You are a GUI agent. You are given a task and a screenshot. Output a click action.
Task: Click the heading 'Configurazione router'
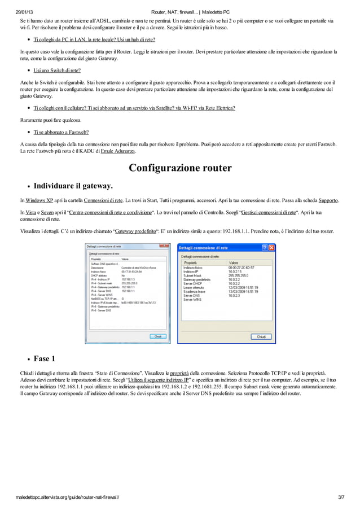click(180, 168)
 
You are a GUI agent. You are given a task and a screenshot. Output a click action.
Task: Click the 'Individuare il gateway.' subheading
click(73, 186)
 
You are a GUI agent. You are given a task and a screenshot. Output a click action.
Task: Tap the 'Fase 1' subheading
click(45, 358)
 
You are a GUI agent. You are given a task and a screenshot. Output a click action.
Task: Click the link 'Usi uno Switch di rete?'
click(57, 71)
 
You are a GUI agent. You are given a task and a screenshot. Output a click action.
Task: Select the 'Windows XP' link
click(39, 200)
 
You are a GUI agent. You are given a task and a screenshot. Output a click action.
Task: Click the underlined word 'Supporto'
click(328, 200)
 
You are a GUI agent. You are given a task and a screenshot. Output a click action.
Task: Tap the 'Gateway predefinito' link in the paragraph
click(135, 231)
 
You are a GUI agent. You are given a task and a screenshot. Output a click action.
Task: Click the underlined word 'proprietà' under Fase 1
click(179, 374)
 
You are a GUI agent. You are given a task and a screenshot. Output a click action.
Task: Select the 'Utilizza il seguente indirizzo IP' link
click(158, 380)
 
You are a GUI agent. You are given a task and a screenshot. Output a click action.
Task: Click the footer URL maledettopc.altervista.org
click(67, 497)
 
